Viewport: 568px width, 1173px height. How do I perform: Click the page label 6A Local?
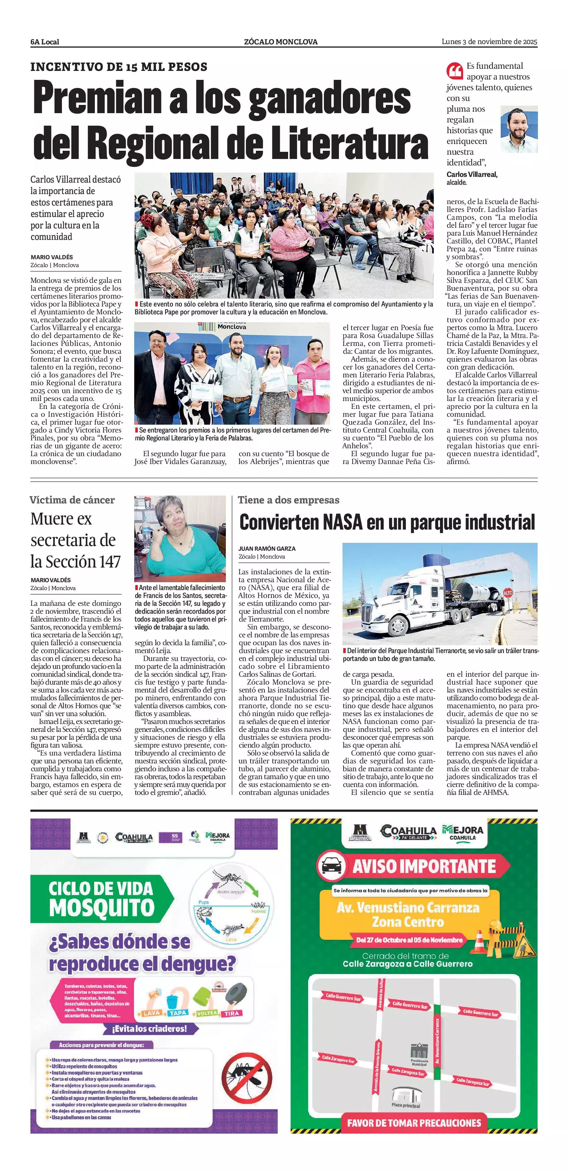45,42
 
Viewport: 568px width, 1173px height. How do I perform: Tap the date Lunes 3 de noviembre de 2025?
489,42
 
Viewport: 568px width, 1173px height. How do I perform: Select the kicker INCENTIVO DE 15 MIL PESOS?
119,67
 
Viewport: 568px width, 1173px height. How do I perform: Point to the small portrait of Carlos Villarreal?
519,129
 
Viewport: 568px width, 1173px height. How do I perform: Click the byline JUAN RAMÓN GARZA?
267,549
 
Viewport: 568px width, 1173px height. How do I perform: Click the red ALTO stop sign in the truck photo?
508,593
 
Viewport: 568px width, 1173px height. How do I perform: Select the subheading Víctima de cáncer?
72,500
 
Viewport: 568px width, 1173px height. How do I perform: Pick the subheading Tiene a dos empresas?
288,500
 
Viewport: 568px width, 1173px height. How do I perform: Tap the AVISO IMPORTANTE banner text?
424,866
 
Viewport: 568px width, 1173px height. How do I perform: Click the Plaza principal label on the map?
406,1105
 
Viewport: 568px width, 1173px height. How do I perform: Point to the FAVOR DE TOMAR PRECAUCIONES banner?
414,1123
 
